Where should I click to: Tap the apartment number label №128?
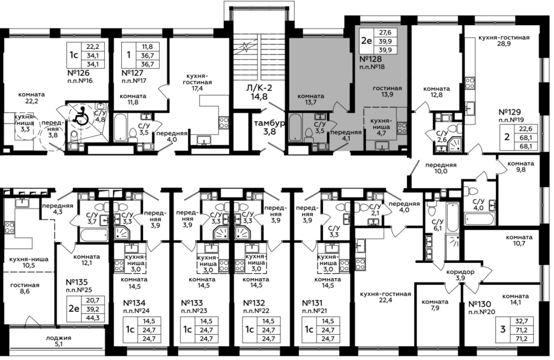(370, 59)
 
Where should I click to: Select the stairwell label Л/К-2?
(259, 87)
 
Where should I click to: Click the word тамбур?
(269, 123)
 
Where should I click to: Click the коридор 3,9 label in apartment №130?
(460, 275)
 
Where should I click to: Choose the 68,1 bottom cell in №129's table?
(526, 146)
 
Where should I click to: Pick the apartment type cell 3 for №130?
(503, 329)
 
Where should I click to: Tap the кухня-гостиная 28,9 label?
(504, 41)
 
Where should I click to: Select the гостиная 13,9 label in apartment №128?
(387, 91)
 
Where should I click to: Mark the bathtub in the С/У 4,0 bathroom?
(480, 219)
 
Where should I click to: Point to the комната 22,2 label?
(32, 98)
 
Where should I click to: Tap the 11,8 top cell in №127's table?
(147, 47)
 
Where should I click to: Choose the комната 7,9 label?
(435, 305)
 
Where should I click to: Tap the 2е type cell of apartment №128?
(366, 41)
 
